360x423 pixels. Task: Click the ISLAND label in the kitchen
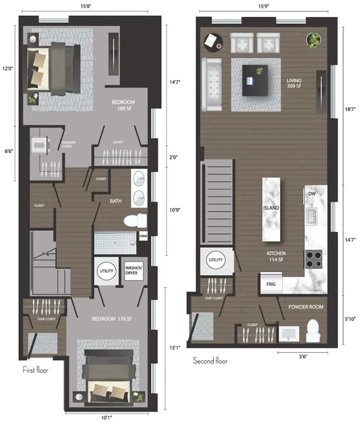click(x=271, y=208)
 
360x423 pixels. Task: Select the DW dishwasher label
click(x=312, y=193)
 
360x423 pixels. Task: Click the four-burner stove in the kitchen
click(x=313, y=259)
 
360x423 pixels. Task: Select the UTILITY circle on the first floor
click(x=106, y=271)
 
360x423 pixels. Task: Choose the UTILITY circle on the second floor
click(x=216, y=260)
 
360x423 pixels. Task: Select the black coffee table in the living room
click(x=255, y=80)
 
